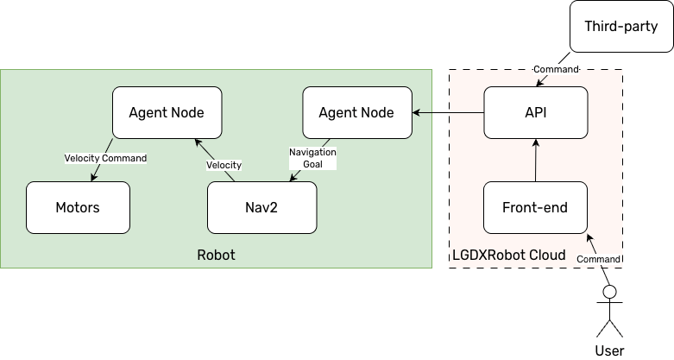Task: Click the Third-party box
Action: (x=620, y=27)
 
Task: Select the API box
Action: (x=535, y=112)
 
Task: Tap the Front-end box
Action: (x=535, y=207)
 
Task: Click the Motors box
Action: (x=78, y=207)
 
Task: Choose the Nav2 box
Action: (x=261, y=207)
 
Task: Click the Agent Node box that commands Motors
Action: (x=165, y=112)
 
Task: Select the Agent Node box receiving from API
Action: (x=356, y=112)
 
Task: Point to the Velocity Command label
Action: (x=105, y=158)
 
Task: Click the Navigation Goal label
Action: (x=312, y=158)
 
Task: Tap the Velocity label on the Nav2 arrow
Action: (x=223, y=165)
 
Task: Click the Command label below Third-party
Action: (x=557, y=68)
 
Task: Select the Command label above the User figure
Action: (x=597, y=259)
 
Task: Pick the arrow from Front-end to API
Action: (x=535, y=160)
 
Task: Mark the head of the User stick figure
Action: (x=609, y=293)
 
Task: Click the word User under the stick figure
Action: (x=609, y=351)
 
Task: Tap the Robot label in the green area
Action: (x=216, y=256)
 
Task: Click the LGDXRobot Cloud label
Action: (x=508, y=256)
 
